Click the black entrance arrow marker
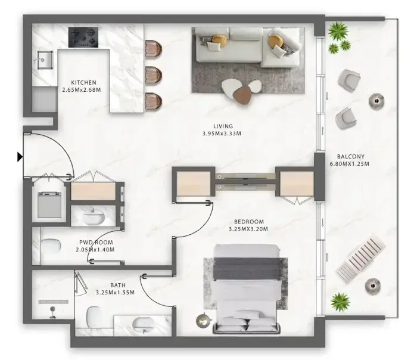coord(20,157)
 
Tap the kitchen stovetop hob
coord(83,37)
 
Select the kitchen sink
coord(45,60)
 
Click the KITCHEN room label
coord(84,83)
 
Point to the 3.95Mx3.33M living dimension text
coord(222,134)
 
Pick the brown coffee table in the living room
coord(242,94)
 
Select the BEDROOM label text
coord(249,222)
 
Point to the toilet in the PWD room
coord(51,246)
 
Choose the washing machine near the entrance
coord(49,205)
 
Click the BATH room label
coord(118,285)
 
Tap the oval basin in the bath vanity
coord(142,324)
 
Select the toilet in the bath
coord(94,316)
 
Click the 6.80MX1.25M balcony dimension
coord(349,164)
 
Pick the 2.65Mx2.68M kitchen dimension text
coord(82,90)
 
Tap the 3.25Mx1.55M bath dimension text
coord(115,293)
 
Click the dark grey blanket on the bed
coord(248,269)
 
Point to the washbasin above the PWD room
coord(94,218)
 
